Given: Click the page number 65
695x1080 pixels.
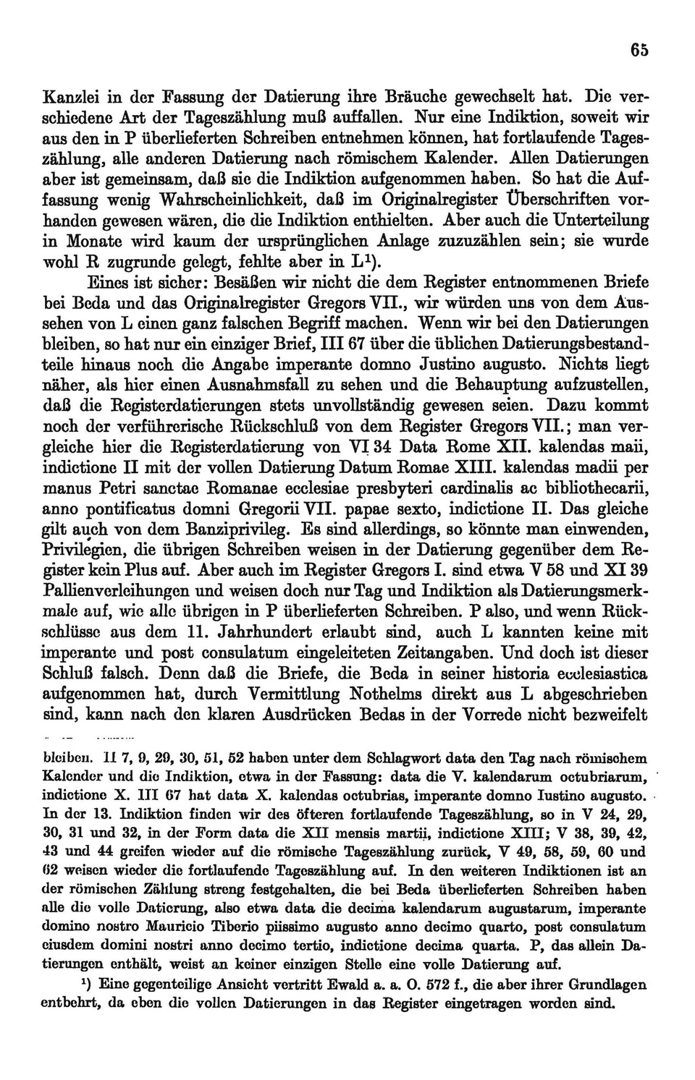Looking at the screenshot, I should point(639,50).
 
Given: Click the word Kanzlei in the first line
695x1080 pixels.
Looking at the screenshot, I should point(70,95).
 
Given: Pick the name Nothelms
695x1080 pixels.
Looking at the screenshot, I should point(393,693).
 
